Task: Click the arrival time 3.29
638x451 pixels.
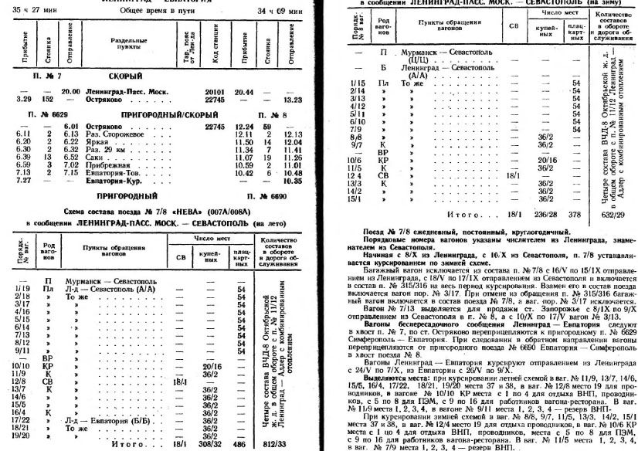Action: [23, 97]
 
